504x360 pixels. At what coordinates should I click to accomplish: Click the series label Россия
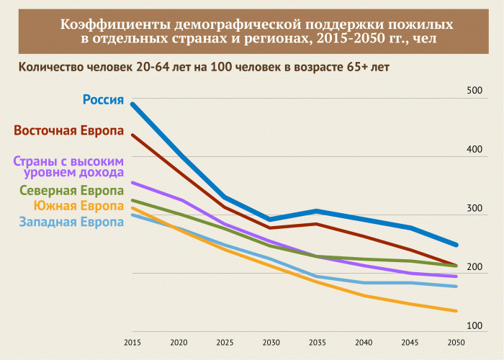click(104, 99)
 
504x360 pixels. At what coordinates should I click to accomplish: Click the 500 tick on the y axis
click(474, 91)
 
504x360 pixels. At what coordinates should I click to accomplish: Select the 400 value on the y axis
click(474, 150)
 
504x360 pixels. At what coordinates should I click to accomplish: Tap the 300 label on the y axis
click(474, 208)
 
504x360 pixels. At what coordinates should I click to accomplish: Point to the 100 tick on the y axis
click(474, 326)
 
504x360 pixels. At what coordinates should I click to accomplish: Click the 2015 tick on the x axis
click(131, 342)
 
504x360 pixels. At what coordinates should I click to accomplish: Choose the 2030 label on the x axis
click(271, 342)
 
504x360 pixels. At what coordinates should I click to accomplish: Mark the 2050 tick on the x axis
click(456, 342)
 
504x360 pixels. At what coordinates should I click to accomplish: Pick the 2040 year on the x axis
click(363, 342)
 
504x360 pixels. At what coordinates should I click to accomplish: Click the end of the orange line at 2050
click(456, 311)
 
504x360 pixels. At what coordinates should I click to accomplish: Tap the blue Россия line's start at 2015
click(132, 104)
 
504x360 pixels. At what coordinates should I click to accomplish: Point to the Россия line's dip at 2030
click(271, 219)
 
